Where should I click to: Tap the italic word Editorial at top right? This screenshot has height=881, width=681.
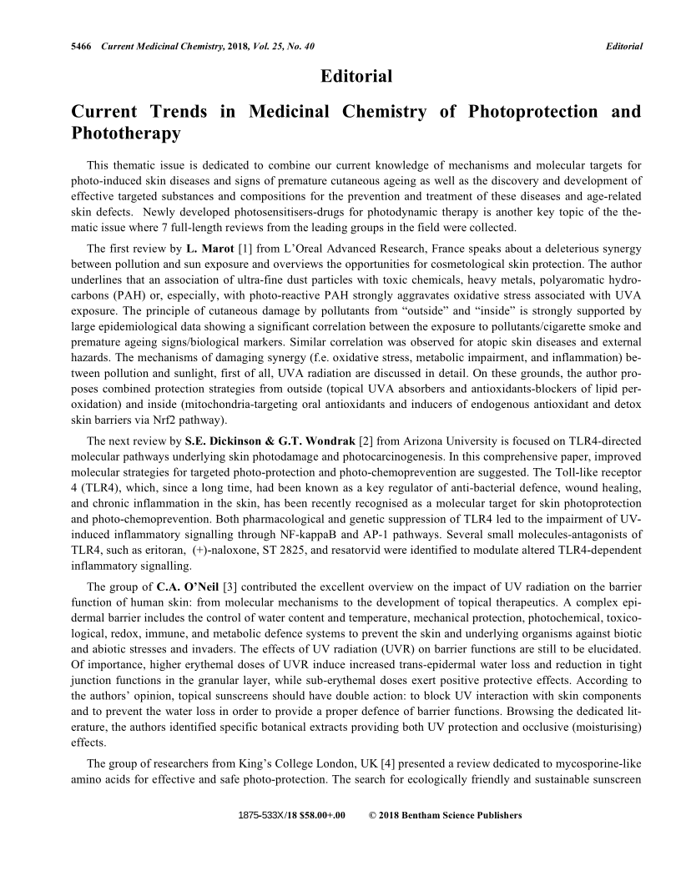pos(623,46)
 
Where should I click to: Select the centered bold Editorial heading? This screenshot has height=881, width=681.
pos(356,77)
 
